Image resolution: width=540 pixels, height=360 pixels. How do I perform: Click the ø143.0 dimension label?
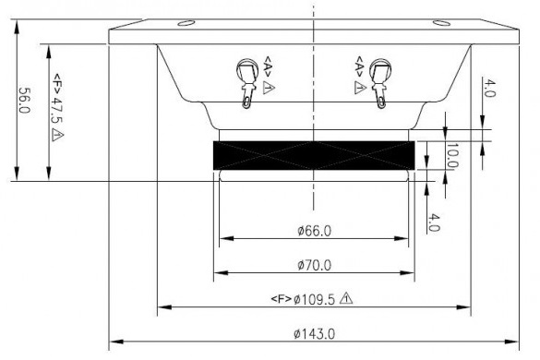coord(314,334)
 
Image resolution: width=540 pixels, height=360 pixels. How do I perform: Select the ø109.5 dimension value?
coord(314,299)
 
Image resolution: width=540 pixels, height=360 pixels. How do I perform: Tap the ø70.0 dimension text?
coord(314,265)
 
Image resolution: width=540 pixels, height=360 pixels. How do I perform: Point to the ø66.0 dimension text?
coord(314,231)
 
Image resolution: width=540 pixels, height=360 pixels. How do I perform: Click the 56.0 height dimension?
coord(25,101)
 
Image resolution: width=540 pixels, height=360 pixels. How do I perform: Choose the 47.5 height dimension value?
coord(57,109)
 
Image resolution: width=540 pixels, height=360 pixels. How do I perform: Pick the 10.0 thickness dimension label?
coord(451,155)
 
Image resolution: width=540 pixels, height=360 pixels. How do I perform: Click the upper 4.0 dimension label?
coord(489,89)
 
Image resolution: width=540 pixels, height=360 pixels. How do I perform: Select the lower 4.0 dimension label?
coord(434,222)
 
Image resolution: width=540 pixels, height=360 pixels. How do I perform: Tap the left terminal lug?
coord(247,83)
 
